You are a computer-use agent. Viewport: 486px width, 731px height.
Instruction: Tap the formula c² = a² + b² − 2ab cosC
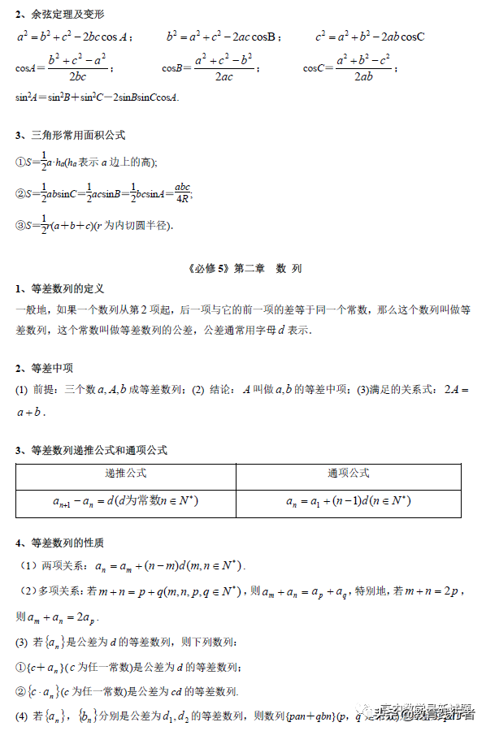coord(371,37)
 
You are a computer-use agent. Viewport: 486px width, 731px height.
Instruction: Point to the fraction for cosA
coord(77,68)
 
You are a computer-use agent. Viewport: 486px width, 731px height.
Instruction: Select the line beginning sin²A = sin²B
coord(97,97)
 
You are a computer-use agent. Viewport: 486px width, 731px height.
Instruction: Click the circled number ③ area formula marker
coord(21,225)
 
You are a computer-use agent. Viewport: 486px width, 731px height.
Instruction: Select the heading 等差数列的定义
coord(68,288)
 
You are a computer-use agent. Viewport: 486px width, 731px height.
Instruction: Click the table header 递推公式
coord(126,473)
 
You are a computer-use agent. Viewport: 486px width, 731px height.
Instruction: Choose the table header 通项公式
coord(349,473)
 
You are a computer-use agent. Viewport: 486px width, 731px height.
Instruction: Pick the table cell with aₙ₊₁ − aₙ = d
coord(126,501)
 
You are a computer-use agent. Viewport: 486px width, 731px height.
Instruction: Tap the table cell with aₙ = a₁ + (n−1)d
coord(349,501)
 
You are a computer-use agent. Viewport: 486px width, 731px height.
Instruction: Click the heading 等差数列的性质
coord(68,543)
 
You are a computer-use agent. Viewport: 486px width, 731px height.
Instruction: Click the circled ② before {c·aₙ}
coord(21,691)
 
